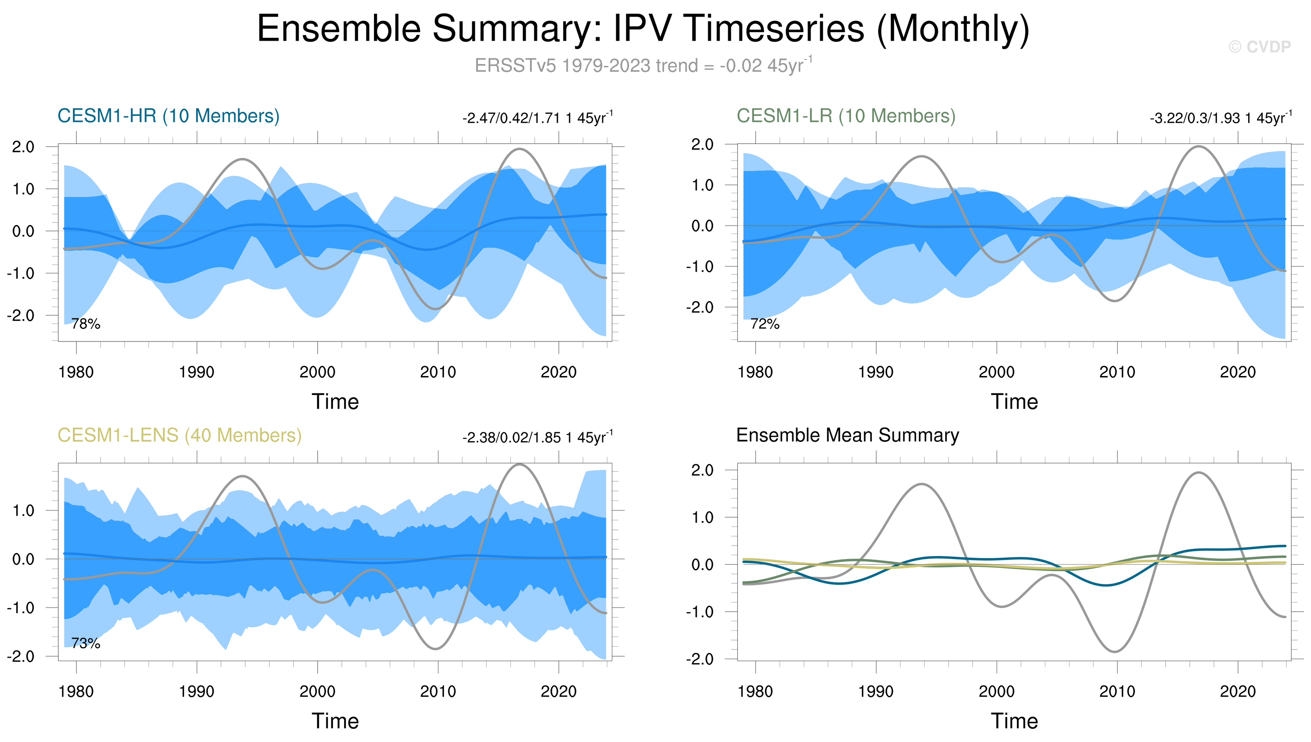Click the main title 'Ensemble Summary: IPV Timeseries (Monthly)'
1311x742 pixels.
(643, 29)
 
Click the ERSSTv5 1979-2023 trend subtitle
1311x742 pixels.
(643, 66)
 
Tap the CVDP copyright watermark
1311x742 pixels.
(1259, 47)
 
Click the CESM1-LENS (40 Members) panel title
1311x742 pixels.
(180, 435)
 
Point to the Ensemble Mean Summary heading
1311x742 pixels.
(847, 435)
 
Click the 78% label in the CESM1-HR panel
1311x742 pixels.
(86, 324)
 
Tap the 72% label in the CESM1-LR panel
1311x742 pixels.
(765, 324)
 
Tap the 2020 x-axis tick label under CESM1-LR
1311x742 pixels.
(1238, 372)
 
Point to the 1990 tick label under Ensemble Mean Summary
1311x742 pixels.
(875, 692)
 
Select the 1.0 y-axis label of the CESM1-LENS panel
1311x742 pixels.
(23, 511)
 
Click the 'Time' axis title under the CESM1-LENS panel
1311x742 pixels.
(335, 721)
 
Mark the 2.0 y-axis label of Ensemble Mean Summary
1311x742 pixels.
(702, 470)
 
